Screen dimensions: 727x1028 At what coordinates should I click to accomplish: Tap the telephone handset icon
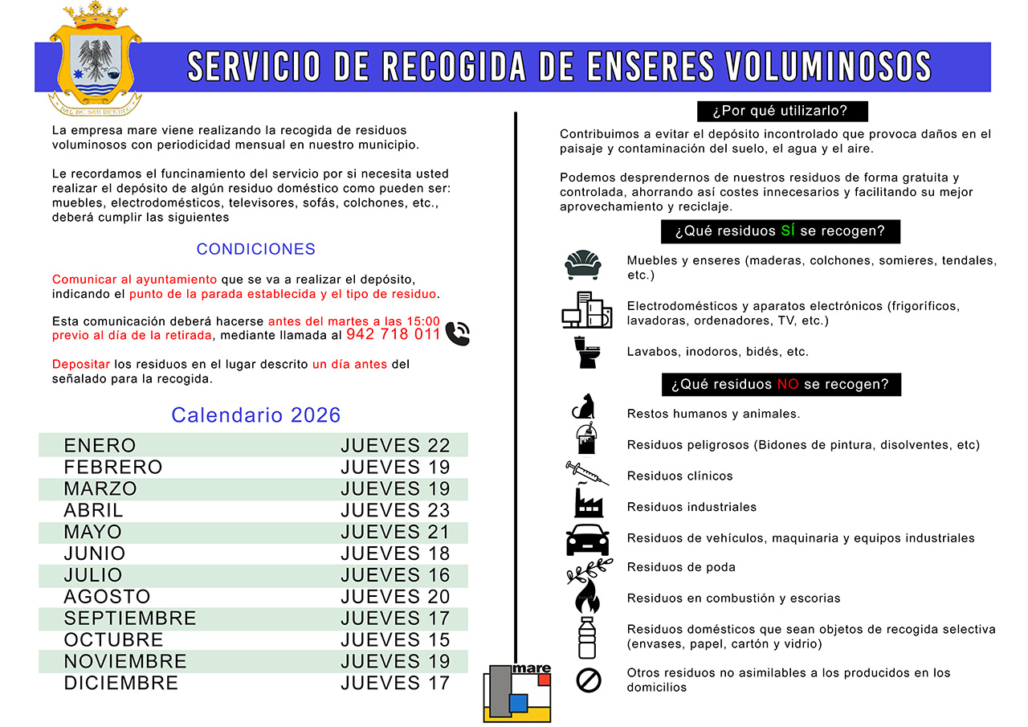tap(457, 333)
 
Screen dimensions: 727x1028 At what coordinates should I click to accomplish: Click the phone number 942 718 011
tap(394, 334)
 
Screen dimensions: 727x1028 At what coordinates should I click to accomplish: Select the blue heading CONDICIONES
tap(256, 249)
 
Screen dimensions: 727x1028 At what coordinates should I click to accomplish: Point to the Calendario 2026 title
tap(256, 415)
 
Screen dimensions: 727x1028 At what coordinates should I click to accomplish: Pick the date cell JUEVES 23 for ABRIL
tap(395, 511)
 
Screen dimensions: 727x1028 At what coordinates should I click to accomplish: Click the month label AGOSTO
tap(107, 597)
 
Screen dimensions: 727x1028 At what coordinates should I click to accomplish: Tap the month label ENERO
tap(100, 446)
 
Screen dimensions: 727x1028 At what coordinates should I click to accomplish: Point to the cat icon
tap(584, 406)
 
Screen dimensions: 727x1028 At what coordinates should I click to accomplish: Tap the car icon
tap(588, 539)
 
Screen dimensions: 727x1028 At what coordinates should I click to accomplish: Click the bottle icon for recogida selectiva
tap(588, 637)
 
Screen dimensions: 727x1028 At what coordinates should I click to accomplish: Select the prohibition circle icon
tap(589, 680)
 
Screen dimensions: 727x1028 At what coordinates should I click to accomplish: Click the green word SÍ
tap(789, 231)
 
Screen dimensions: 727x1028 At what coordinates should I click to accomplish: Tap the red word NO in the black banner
tap(788, 385)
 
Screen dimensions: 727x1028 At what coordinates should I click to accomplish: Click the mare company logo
tap(517, 692)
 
